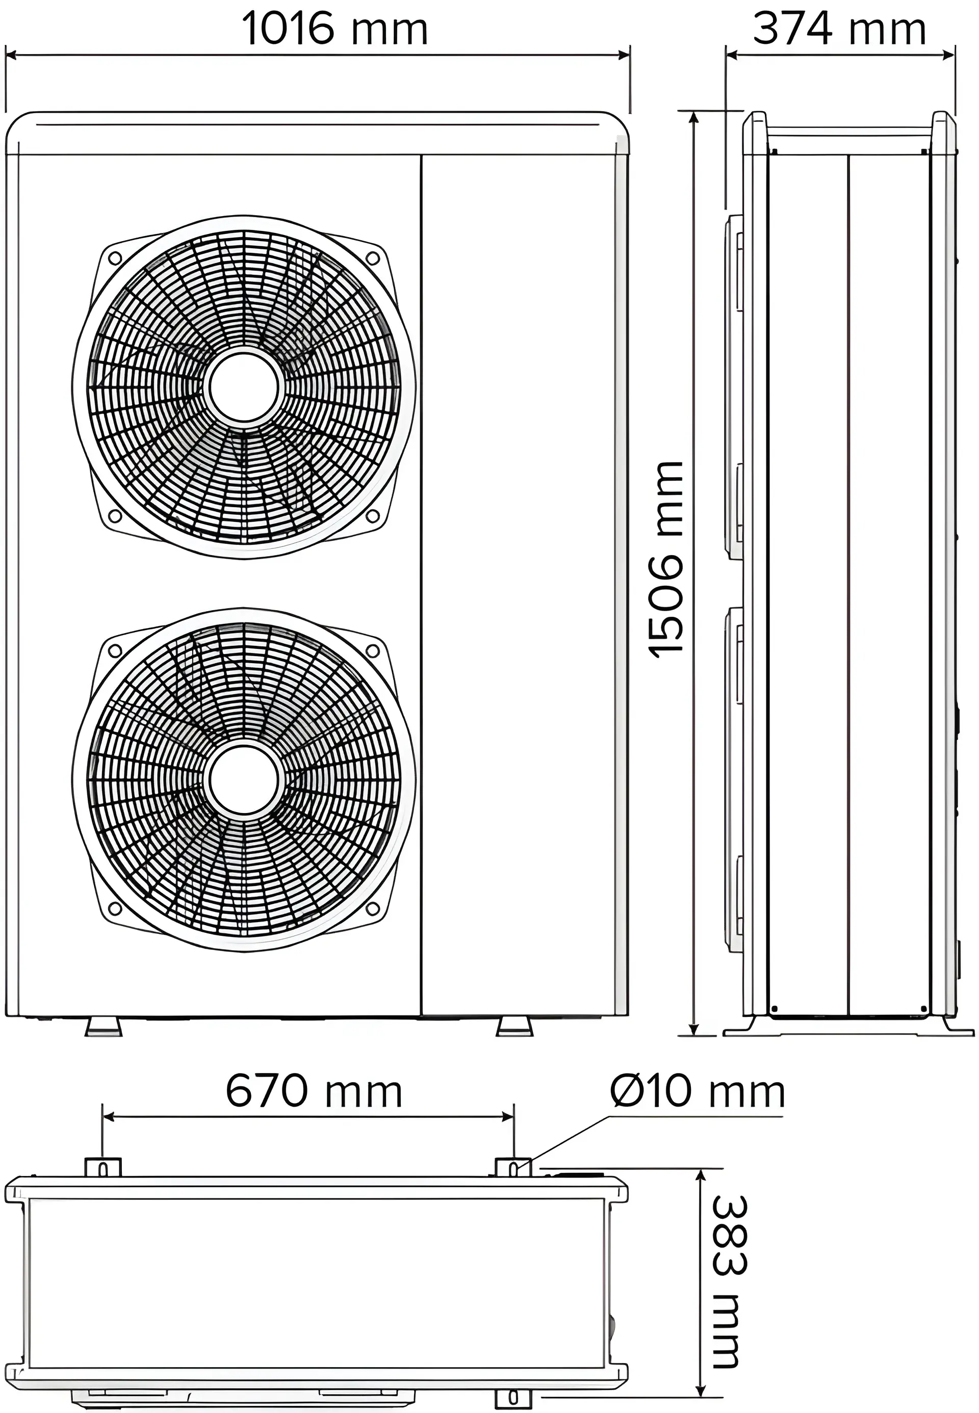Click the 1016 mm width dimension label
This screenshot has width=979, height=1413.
pyautogui.click(x=335, y=29)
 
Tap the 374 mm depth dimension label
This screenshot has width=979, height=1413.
pyautogui.click(x=839, y=29)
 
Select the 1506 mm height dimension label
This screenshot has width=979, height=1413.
pyautogui.click(x=667, y=560)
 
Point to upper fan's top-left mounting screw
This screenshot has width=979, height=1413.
pyautogui.click(x=115, y=258)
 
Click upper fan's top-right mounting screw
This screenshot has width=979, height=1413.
pyautogui.click(x=372, y=258)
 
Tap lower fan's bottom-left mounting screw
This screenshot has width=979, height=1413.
pyautogui.click(x=115, y=908)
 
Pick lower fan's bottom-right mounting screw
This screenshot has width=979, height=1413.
pyautogui.click(x=372, y=908)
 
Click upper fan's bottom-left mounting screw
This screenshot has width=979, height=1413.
pyautogui.click(x=115, y=516)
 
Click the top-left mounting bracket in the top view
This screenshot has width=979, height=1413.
pyautogui.click(x=103, y=1168)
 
